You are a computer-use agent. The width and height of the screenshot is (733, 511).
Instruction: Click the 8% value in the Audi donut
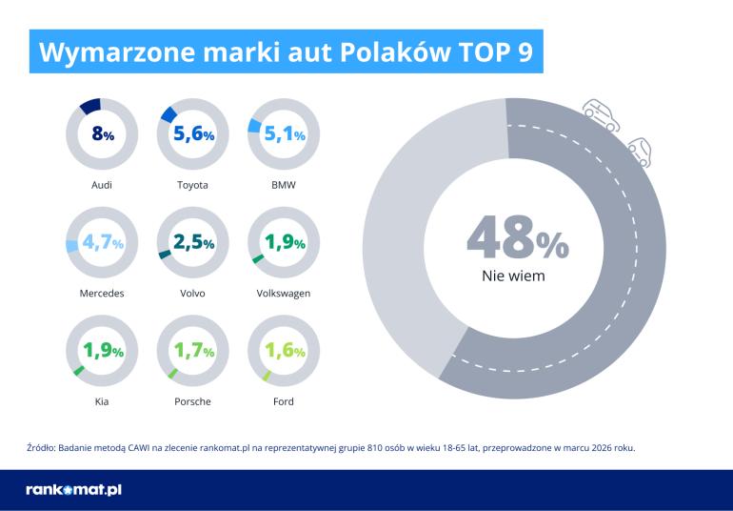coord(102,135)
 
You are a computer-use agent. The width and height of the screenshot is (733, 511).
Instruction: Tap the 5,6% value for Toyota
coord(193,135)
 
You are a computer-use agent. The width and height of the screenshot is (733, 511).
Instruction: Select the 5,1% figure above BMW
coord(284,135)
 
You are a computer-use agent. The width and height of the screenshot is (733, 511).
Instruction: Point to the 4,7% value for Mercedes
coord(102,243)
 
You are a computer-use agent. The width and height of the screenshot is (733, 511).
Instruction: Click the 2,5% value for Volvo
coord(193,243)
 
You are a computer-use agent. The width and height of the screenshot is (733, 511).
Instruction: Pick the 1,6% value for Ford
coord(284,351)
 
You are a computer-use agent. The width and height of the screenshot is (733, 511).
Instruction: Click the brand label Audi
coord(102,185)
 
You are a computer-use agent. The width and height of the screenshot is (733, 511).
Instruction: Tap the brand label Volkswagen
coord(284,293)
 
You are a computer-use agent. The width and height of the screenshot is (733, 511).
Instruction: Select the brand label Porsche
coord(193,401)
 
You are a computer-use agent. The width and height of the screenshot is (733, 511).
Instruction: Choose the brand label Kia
coord(102,401)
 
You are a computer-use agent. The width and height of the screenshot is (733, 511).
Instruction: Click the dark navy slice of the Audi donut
coord(91,105)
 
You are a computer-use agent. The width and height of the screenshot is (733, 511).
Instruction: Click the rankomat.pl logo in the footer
coord(73,490)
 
